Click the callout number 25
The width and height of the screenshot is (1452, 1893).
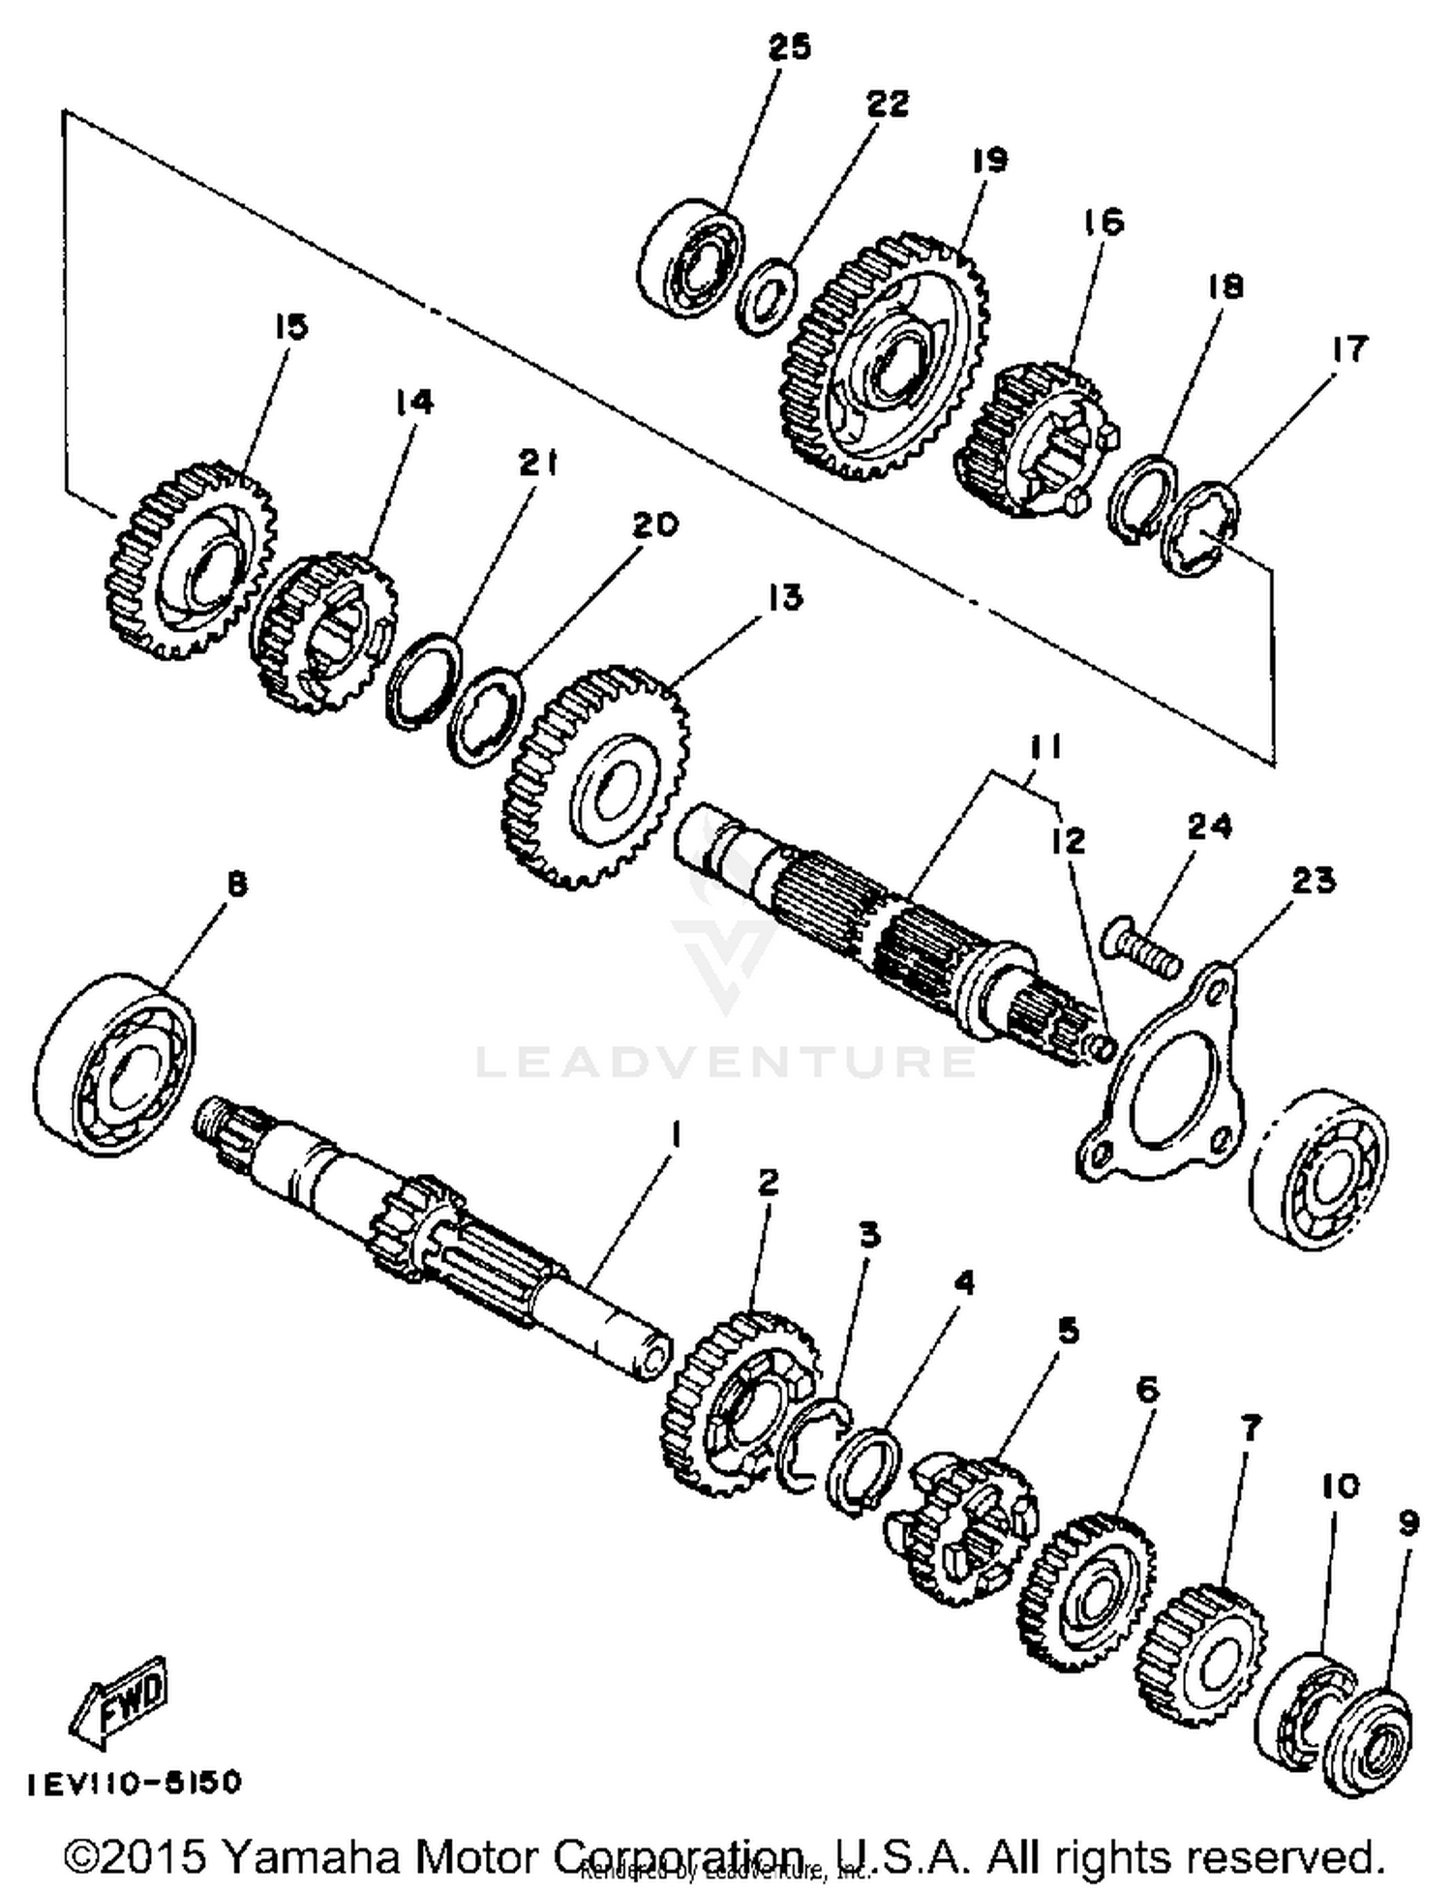789,46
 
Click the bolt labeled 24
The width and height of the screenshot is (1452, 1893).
1146,946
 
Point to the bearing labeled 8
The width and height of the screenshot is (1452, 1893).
118,1065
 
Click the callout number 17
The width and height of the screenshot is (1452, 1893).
1349,348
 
